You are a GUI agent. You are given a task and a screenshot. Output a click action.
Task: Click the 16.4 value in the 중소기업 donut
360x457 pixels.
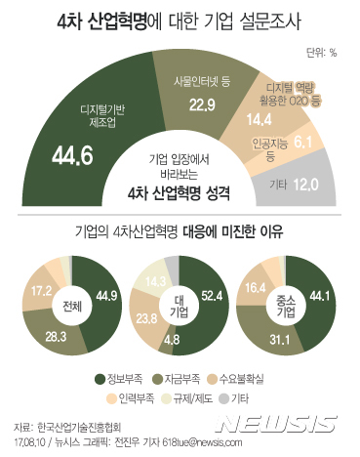click(x=254, y=288)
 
